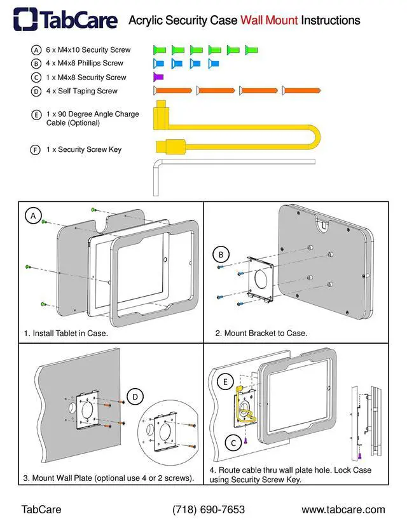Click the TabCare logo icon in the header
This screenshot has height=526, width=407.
tap(25, 20)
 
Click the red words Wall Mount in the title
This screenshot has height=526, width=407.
tap(269, 20)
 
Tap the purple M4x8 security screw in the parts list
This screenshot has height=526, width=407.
tap(158, 77)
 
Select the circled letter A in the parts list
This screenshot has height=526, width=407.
tap(36, 50)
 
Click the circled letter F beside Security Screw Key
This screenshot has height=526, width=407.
tap(36, 150)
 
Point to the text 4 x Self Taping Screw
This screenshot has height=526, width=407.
tap(82, 91)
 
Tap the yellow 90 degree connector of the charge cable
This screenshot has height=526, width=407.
tap(160, 115)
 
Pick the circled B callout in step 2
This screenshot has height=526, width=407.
tap(221, 255)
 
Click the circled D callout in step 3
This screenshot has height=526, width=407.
tap(135, 397)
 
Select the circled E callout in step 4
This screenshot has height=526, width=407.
tap(225, 382)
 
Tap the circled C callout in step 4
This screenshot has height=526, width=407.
tap(233, 443)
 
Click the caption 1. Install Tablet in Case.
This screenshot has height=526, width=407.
tap(66, 334)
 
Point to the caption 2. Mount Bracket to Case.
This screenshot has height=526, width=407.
tap(261, 334)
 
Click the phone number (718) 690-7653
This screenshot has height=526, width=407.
tap(209, 509)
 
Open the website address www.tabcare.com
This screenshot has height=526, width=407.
tap(343, 509)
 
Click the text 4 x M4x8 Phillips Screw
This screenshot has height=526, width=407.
tap(85, 63)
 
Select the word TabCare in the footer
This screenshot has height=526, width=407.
tap(41, 509)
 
